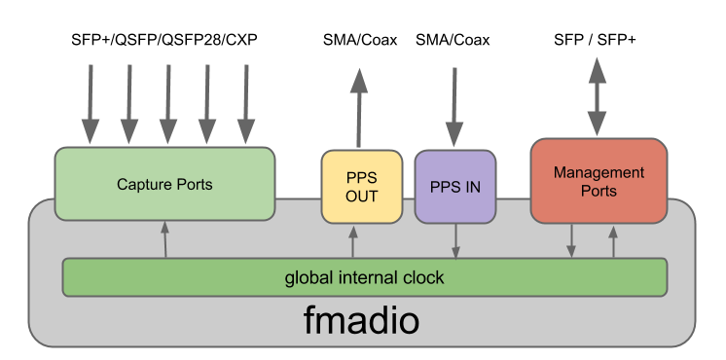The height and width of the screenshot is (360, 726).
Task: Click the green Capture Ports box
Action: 164,183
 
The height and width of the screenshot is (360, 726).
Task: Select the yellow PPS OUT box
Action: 361,187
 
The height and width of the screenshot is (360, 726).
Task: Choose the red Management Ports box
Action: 599,181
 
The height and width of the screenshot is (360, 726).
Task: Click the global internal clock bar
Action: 364,277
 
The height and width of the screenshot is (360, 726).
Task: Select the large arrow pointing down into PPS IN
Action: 454,107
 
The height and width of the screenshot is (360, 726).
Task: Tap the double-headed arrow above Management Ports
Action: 598,97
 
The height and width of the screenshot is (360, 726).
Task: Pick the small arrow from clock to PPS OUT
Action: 352,240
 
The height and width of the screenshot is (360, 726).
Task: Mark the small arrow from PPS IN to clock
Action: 455,240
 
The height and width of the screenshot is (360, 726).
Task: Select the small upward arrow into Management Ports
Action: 613,240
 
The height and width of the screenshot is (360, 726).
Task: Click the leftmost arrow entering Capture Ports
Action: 90,105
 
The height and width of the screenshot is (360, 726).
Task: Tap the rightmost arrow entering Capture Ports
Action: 245,105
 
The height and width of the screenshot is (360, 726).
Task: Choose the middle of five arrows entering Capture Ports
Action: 167,105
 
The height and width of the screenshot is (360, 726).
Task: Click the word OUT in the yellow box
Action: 361,197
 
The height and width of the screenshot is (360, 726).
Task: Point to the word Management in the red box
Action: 599,172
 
